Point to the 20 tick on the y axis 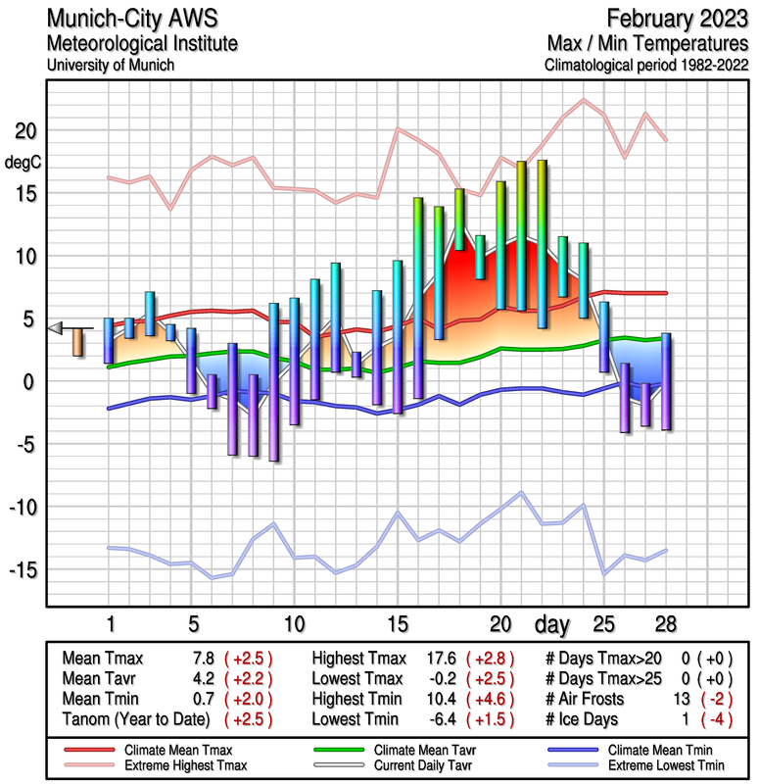pyautogui.click(x=24, y=131)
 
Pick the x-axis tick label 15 pyautogui.click(x=398, y=623)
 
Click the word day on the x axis pyautogui.click(x=555, y=623)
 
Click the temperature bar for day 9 pyautogui.click(x=274, y=381)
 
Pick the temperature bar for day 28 pyautogui.click(x=666, y=381)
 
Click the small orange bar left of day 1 pyautogui.click(x=78, y=343)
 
